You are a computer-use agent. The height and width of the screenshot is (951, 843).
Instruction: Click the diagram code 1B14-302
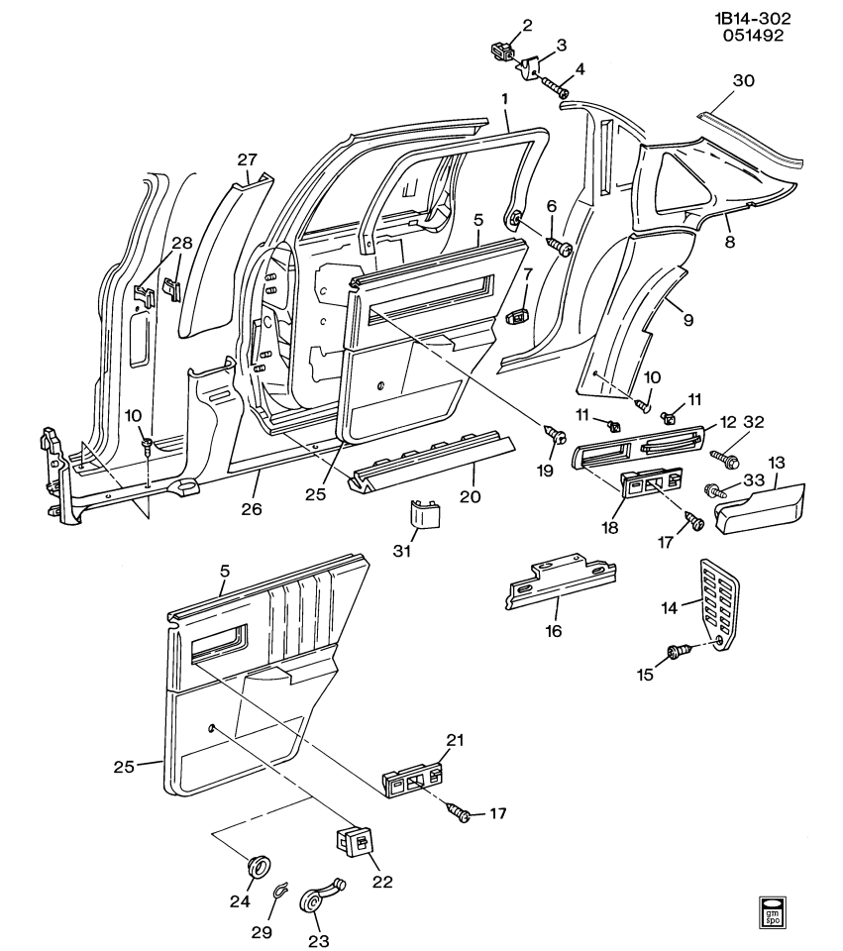point(755,18)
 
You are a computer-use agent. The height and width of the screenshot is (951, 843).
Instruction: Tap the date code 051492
point(755,37)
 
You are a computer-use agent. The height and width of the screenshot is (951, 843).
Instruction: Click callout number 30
point(743,80)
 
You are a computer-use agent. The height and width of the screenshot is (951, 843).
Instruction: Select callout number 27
point(247,159)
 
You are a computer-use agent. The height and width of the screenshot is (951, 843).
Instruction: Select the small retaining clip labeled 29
point(280,895)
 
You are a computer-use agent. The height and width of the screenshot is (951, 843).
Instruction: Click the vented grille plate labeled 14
point(719,605)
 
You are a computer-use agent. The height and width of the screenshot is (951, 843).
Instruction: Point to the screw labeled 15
point(679,651)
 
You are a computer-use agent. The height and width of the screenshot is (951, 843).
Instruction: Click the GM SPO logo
point(774,912)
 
